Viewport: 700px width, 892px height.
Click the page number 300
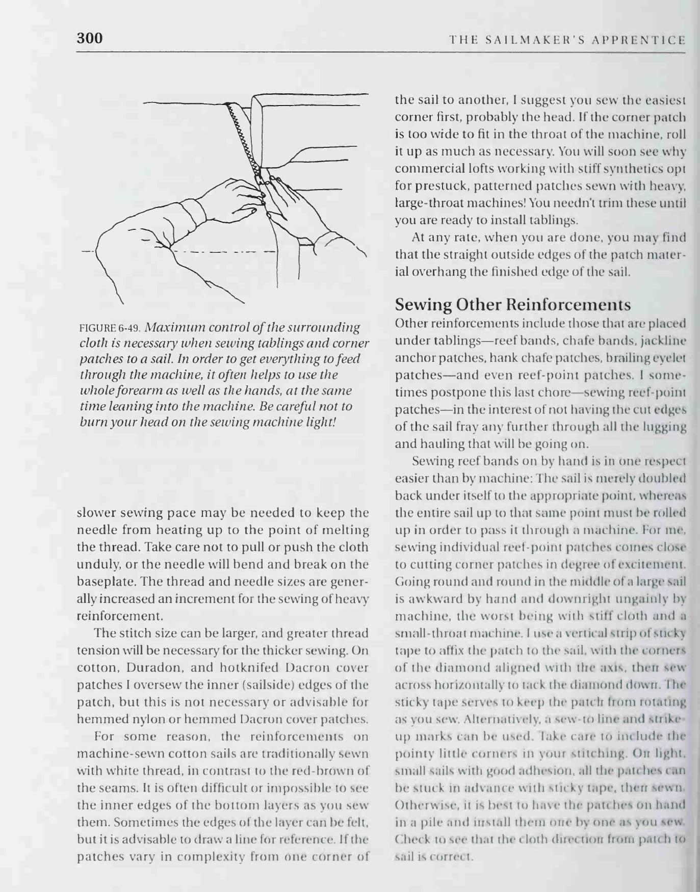(90, 38)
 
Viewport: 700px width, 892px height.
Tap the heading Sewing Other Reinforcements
(513, 305)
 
